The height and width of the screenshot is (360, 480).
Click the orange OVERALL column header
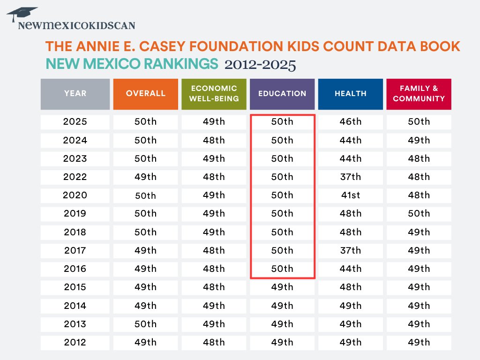[146, 94]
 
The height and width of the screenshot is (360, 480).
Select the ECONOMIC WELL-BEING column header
[214, 94]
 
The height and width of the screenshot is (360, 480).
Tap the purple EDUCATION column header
[282, 94]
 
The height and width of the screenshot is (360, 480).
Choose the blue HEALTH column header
[351, 94]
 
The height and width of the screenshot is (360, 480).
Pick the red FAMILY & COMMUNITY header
[419, 94]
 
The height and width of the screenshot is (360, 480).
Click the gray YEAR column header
[75, 94]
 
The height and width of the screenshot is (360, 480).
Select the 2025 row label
[75, 122]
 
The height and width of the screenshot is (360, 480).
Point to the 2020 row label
[75, 195]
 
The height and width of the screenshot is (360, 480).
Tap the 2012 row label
[75, 342]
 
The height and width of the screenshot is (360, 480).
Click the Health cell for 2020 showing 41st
[351, 195]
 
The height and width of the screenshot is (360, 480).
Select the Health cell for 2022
[351, 177]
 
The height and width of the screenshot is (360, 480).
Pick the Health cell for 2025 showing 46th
[351, 122]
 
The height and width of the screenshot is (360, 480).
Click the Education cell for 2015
[282, 287]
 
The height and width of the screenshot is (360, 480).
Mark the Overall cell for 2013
[146, 324]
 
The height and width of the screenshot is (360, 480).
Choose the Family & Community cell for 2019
[419, 214]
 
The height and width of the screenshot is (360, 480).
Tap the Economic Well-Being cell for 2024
[214, 140]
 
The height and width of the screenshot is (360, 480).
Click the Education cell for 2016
[282, 269]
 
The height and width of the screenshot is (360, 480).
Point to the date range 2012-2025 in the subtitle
[260, 64]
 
